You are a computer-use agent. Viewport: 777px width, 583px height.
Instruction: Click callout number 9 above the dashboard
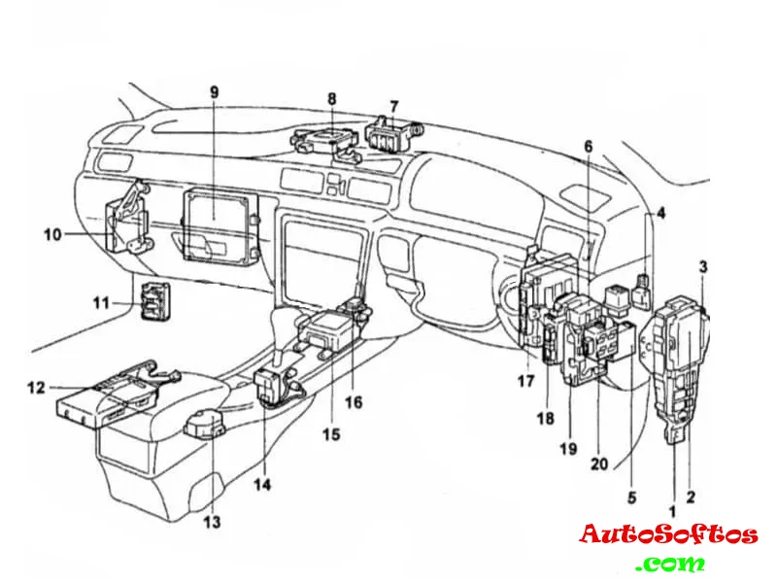point(214,92)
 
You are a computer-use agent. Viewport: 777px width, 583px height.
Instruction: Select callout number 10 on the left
point(52,234)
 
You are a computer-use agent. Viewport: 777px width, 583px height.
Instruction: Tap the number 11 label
point(102,302)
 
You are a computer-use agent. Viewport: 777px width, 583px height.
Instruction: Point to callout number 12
point(36,388)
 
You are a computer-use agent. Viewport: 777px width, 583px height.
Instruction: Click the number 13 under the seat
point(212,522)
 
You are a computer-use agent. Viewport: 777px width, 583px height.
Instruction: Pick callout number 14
point(263,484)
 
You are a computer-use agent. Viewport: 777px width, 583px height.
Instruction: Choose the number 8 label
point(332,99)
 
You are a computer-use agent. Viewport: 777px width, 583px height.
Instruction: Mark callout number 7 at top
point(394,107)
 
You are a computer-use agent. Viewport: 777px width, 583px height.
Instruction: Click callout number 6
point(589,147)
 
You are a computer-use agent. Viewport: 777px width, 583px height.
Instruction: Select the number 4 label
point(661,214)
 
